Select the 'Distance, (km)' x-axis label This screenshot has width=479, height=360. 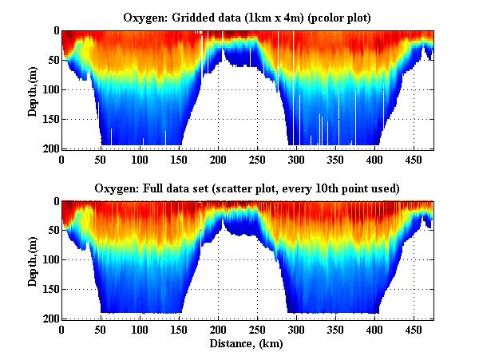point(247,344)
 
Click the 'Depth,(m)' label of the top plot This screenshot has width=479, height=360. point(34,90)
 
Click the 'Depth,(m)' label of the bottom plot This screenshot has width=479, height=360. point(34,260)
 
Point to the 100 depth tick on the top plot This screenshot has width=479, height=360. point(51,89)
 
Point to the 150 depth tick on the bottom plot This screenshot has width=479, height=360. point(51,290)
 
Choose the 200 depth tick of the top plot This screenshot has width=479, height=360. point(51,148)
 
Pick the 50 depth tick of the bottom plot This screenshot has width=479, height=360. point(53,231)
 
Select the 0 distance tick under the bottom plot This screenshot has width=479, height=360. point(62,329)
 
